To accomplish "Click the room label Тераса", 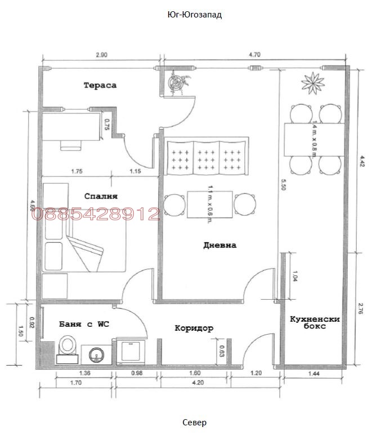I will click(100, 85).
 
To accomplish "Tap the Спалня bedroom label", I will click(100, 196).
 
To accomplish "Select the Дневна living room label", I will click(220, 245).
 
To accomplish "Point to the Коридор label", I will click(194, 328).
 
